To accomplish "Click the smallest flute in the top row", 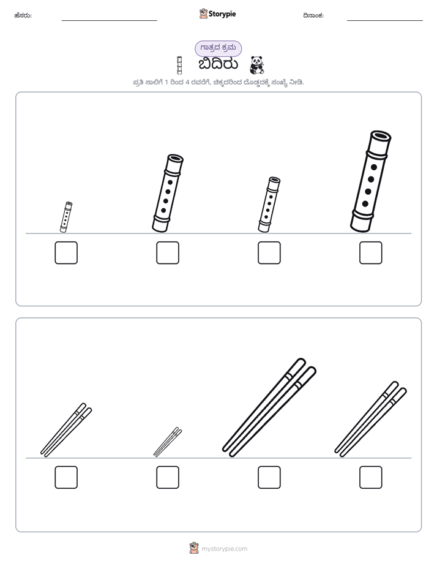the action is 66,217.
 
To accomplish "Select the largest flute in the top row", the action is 371,181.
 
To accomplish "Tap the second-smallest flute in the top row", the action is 269,205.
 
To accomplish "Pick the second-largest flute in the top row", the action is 168,193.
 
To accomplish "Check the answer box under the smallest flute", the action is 66,252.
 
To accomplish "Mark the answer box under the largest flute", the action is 371,252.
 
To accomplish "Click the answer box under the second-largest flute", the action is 168,252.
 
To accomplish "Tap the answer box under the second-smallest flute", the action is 269,252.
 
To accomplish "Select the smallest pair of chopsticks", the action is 168,442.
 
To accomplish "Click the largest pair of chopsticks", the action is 269,407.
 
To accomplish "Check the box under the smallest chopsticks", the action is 168,477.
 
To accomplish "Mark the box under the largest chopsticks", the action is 269,477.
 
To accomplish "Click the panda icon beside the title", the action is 256,66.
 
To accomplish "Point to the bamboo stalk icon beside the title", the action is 179,66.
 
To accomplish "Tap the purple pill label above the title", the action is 218,48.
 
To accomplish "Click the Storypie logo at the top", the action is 217,13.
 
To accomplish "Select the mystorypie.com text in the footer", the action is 224,549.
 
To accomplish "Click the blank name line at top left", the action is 109,20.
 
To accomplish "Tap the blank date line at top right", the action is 385,20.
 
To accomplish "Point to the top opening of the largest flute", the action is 381,136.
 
